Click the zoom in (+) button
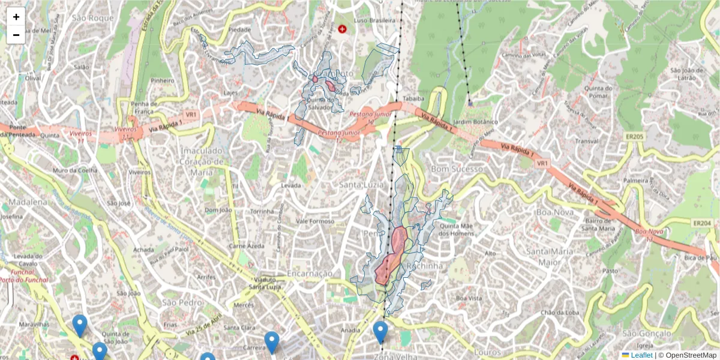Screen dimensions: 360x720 [16, 17]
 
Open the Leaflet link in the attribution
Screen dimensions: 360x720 [641, 355]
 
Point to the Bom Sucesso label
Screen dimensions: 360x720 [457, 169]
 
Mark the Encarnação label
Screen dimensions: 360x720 [309, 274]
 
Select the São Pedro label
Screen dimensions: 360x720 [182, 302]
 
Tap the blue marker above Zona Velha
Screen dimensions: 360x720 [380, 332]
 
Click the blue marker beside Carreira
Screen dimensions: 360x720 [272, 341]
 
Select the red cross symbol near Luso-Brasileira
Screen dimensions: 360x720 [342, 29]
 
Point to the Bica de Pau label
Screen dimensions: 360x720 [701, 257]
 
